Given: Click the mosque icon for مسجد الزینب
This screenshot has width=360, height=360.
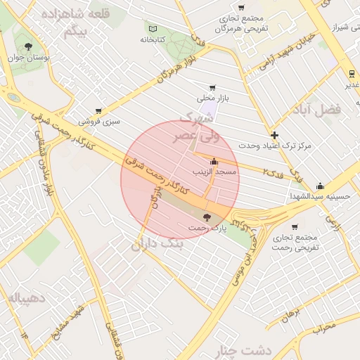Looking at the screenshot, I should point(214,162).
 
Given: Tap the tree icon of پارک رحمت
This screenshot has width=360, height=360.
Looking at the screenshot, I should point(206,217).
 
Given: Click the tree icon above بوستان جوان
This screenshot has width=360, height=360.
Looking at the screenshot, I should point(28,46).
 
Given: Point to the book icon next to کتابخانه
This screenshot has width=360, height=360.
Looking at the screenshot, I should point(153,29).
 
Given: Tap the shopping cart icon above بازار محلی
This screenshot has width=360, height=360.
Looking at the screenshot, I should point(212,88).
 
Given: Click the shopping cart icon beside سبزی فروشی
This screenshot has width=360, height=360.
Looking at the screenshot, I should point(98,111).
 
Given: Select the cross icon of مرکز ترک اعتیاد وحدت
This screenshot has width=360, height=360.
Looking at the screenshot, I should point(274,135).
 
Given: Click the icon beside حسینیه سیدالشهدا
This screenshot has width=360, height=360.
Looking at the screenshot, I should point(321,186).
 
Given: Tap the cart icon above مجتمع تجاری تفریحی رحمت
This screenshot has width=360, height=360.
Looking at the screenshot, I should point(294,227).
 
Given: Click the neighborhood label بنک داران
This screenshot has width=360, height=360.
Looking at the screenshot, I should point(157,243).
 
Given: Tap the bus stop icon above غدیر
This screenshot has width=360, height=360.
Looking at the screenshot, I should point(351,74).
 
